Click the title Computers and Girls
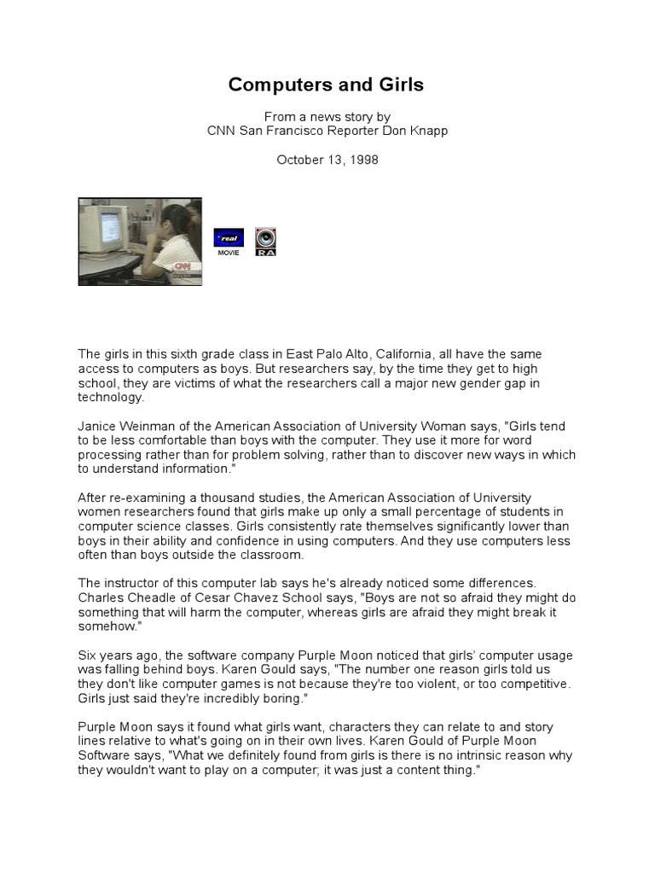coord(326,85)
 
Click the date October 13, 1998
coord(327,160)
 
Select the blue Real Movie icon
coord(229,239)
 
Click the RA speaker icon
coord(266,241)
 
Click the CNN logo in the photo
coord(183,268)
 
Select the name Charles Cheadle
coord(124,598)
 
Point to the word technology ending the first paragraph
coord(111,397)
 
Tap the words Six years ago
coord(114,655)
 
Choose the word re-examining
coord(148,498)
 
